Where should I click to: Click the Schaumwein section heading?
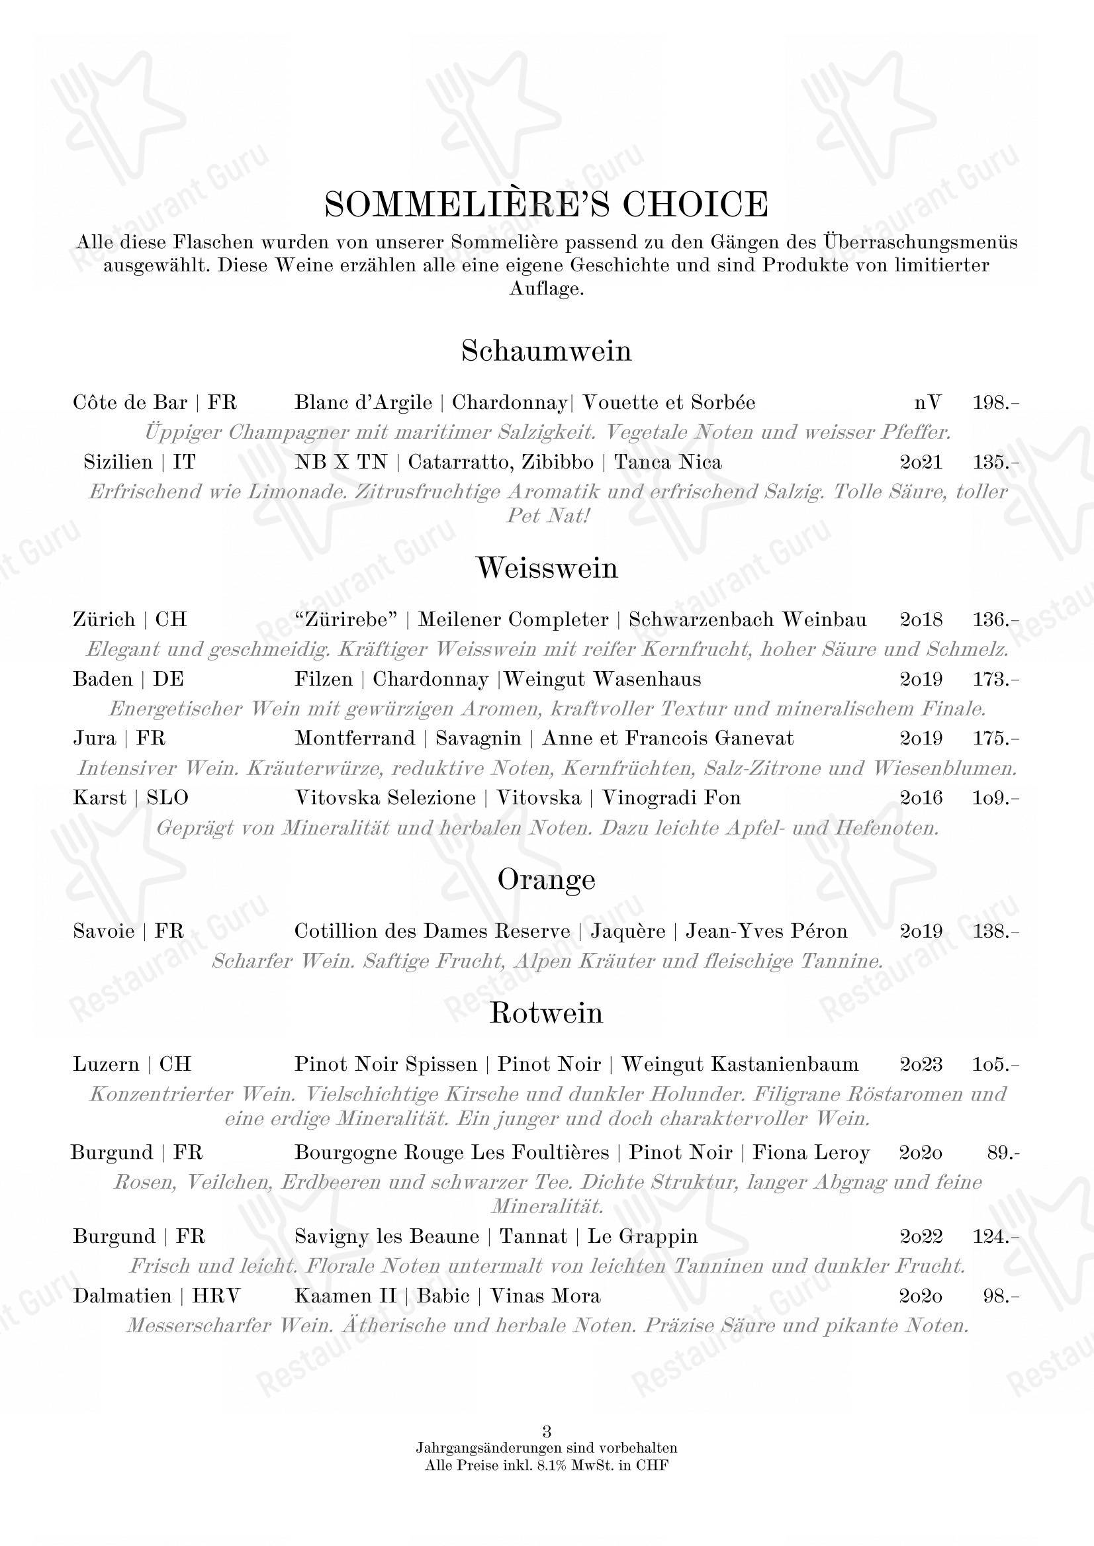(x=546, y=351)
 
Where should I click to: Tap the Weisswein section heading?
(x=546, y=568)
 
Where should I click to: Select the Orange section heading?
(x=546, y=880)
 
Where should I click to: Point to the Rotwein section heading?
(x=546, y=1013)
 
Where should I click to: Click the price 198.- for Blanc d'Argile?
(x=995, y=403)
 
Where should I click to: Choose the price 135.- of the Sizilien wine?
(x=995, y=462)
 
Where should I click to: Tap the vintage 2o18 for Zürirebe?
(x=921, y=619)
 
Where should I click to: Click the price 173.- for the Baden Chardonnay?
(x=995, y=679)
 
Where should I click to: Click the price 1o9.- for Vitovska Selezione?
(x=995, y=797)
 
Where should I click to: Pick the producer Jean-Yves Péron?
(x=766, y=931)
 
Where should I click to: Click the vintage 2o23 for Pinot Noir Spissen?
(x=921, y=1064)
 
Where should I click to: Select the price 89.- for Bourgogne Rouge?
(x=1003, y=1153)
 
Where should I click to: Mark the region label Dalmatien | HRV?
(x=156, y=1296)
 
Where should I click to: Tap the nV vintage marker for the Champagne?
(x=928, y=403)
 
